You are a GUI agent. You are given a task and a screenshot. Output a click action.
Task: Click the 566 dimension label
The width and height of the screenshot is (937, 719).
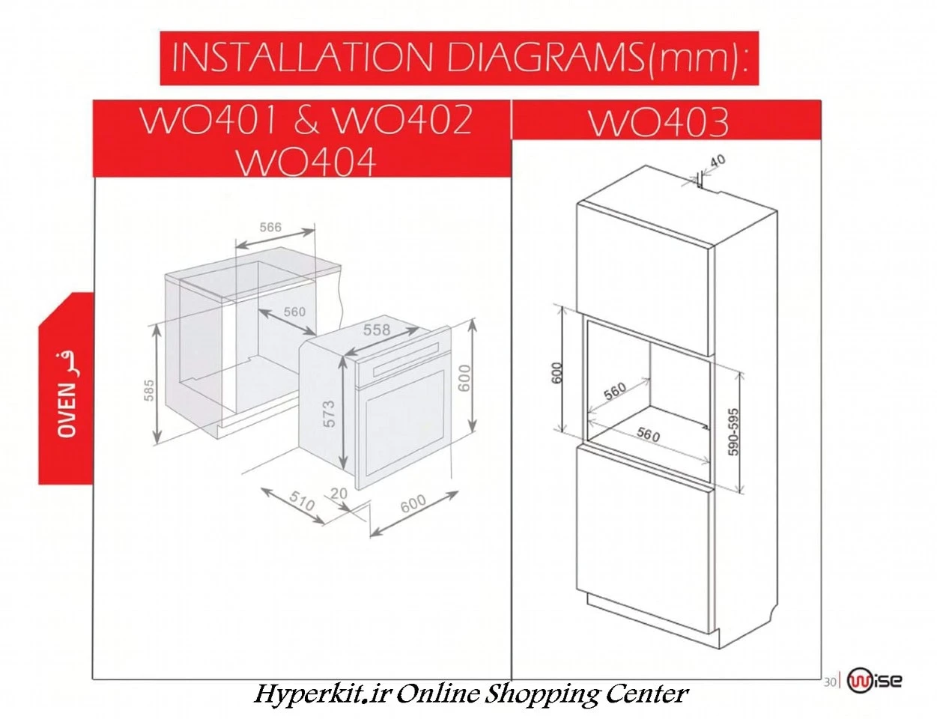(x=270, y=227)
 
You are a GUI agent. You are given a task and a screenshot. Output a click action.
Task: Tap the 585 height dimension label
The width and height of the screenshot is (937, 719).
(x=149, y=390)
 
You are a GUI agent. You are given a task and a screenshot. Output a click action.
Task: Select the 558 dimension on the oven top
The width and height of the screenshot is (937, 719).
(x=377, y=330)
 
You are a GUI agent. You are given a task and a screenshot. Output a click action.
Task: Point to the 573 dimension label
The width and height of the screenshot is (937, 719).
(x=329, y=414)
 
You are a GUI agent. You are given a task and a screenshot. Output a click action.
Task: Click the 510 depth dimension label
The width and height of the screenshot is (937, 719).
(x=302, y=501)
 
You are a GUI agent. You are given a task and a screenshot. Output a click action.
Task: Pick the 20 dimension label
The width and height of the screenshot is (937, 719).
(x=339, y=493)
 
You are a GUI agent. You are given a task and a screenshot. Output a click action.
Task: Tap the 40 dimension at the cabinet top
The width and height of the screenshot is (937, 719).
(x=718, y=161)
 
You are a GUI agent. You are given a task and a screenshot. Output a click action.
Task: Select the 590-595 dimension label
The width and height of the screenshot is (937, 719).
(x=733, y=432)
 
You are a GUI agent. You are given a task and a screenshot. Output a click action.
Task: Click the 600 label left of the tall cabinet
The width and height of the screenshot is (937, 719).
(x=557, y=373)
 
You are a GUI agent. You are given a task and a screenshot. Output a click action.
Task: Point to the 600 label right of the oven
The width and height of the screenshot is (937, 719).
(x=464, y=378)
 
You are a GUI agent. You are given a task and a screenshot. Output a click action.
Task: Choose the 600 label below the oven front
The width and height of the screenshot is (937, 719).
(x=413, y=503)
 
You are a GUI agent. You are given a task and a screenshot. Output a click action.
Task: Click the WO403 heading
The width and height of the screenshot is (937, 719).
(x=659, y=123)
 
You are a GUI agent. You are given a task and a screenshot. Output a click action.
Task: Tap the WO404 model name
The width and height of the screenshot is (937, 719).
(x=306, y=162)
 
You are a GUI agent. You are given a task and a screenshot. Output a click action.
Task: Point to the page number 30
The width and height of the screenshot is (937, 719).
(x=830, y=682)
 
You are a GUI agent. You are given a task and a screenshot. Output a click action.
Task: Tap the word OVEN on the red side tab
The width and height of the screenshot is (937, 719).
(x=67, y=410)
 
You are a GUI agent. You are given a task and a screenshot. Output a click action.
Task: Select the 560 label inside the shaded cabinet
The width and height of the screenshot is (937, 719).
(x=294, y=312)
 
